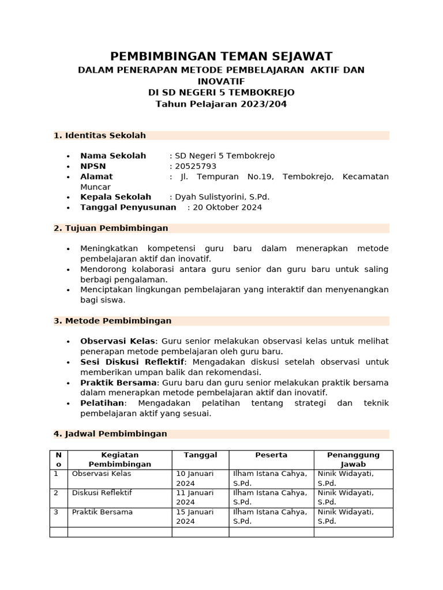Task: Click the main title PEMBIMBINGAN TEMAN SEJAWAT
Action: pos(221,56)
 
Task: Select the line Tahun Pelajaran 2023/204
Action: pos(221,104)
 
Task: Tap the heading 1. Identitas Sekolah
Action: pos(100,135)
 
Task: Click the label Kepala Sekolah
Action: pos(115,197)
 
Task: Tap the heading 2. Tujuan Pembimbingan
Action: pos(111,228)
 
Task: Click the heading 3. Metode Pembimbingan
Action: pos(112,321)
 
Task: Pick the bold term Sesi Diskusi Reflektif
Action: pos(132,362)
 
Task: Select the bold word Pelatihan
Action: pos(102,403)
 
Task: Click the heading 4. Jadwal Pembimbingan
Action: pos(110,434)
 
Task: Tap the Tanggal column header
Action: pos(200,455)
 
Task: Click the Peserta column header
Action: pos(271,455)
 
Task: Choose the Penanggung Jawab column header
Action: pos(353,459)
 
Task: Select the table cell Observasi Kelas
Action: pos(101,474)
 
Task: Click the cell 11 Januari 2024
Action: pos(194,497)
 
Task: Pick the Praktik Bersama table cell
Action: pos(101,512)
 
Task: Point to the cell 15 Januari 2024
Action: pos(194,516)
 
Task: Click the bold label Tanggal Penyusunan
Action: pos(128,207)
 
